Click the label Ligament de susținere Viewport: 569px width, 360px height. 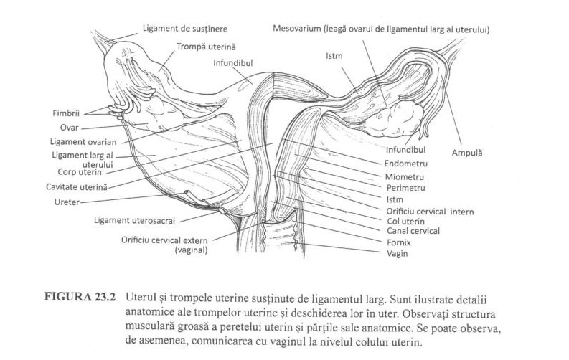[184, 28]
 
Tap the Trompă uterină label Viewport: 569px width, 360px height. [206, 47]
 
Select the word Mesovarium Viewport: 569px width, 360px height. [297, 28]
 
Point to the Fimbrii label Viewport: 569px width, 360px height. [66, 113]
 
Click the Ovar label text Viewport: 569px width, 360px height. [70, 128]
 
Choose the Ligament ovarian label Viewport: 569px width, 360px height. [83, 142]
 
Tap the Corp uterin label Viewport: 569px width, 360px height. [80, 171]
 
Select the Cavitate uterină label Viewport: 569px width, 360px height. [77, 187]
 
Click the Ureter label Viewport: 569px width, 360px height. [67, 202]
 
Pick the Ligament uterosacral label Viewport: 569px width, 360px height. [134, 220]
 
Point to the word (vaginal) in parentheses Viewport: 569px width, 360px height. [192, 250]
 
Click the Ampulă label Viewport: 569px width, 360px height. [467, 153]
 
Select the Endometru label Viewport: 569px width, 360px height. [405, 164]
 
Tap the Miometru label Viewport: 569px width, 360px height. [404, 177]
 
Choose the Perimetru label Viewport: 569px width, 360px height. [405, 188]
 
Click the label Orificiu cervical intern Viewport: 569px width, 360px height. [430, 212]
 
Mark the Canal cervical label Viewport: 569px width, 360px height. [413, 231]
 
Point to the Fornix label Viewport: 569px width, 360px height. [399, 242]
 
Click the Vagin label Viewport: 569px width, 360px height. [398, 253]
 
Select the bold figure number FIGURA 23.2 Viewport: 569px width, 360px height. [80, 297]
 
